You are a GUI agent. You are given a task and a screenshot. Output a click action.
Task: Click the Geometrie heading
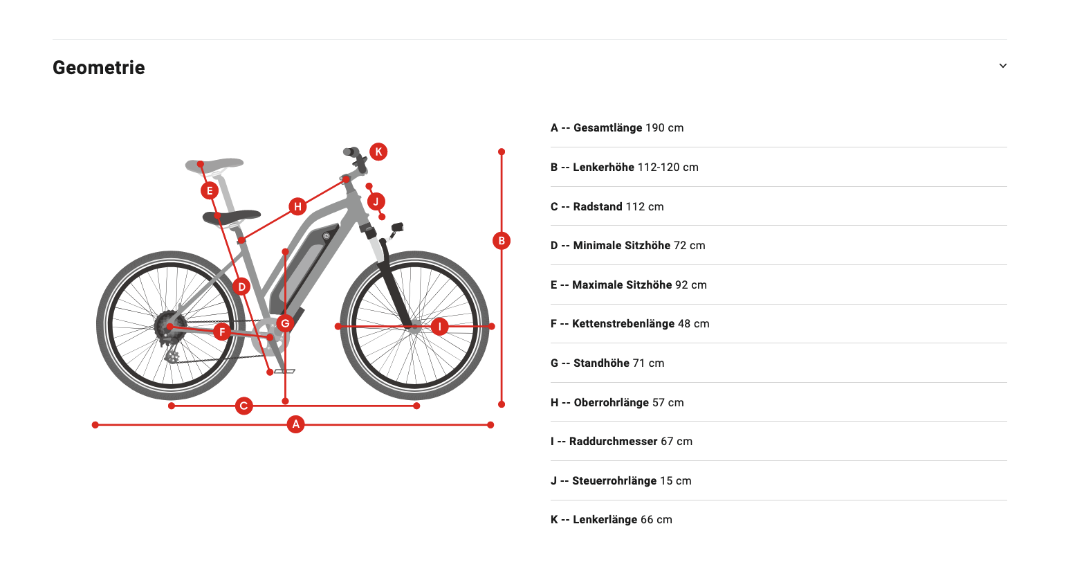[99, 68]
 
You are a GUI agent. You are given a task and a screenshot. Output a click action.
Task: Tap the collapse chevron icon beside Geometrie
[1002, 66]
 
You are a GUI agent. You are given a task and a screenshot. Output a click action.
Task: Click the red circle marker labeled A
[295, 424]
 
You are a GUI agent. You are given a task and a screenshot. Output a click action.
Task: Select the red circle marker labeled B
[502, 241]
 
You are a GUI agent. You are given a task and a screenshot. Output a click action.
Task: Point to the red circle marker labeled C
[244, 406]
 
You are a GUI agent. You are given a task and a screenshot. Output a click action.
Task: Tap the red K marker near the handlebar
[378, 152]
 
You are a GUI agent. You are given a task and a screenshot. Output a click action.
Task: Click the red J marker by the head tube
[376, 201]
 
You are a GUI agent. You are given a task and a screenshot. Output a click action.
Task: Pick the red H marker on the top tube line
[297, 207]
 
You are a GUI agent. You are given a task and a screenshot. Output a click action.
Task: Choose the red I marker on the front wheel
[439, 327]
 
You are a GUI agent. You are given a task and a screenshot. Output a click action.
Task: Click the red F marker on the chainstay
[222, 332]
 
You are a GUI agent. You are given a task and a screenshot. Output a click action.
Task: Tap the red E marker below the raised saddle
[210, 191]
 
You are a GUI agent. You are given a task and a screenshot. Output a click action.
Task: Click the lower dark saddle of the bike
[231, 217]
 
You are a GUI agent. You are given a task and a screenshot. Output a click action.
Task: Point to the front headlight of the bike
[398, 227]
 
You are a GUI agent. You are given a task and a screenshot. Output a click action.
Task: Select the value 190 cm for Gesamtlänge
[664, 128]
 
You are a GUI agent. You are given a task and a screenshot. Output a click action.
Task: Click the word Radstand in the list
[598, 207]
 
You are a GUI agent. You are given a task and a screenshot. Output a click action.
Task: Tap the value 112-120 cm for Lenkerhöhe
[668, 168]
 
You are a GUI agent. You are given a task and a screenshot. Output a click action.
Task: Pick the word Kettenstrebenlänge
[623, 324]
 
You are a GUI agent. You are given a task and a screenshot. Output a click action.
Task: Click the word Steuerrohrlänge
[614, 480]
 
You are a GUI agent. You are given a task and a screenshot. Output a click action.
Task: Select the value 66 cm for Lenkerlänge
[656, 520]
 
